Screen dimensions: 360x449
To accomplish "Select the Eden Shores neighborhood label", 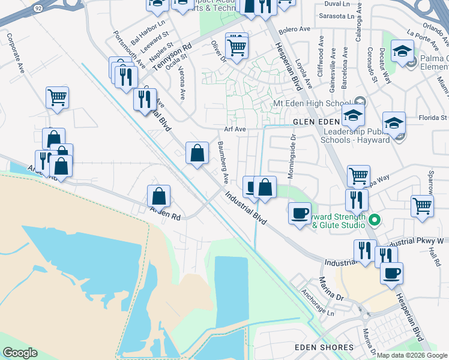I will [324, 347].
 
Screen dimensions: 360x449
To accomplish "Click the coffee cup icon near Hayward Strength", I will [300, 214].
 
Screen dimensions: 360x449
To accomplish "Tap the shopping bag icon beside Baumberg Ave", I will [197, 154].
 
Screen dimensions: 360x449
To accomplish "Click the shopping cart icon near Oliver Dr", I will [237, 46].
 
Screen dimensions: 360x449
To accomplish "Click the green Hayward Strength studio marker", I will [375, 220].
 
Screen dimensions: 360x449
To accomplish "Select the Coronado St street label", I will [372, 65].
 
